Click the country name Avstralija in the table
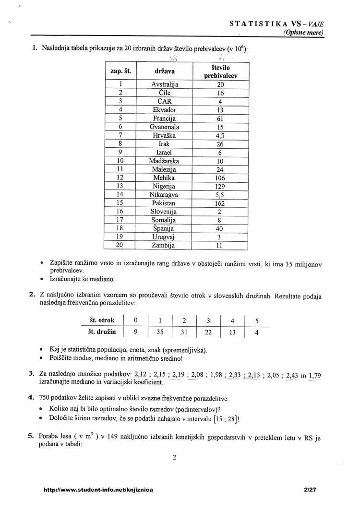(165, 84)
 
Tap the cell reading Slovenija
(165, 212)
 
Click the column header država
(165, 72)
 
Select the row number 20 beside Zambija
(120, 245)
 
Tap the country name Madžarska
(165, 161)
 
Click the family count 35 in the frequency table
(160, 331)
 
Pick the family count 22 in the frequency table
(208, 331)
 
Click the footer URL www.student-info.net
(98, 490)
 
